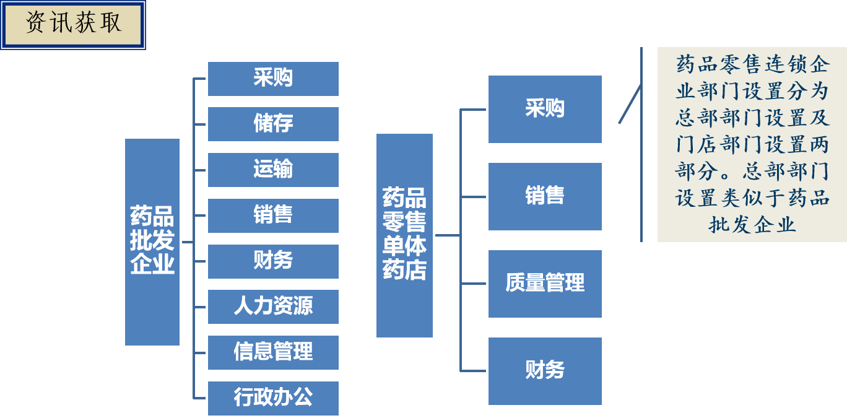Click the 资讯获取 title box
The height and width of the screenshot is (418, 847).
(73, 25)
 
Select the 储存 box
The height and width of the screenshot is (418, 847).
(273, 124)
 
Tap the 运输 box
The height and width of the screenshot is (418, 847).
(273, 170)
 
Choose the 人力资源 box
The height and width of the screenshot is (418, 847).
(273, 307)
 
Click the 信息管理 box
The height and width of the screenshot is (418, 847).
(273, 352)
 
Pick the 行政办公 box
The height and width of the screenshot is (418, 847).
(273, 398)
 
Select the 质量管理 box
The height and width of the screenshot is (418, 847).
(545, 284)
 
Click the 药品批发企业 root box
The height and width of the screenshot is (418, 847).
(152, 242)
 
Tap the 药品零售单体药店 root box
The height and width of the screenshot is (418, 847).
(404, 235)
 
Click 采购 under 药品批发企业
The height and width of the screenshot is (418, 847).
(273, 79)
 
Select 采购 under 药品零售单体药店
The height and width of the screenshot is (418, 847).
(545, 109)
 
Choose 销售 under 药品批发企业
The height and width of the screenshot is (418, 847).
(273, 216)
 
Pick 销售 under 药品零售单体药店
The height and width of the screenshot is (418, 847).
(545, 196)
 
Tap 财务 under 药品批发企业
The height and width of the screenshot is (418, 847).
(273, 261)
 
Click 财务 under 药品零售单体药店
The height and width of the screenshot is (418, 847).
(545, 371)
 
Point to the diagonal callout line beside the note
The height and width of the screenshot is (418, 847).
(630, 104)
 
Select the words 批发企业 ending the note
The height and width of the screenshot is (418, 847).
(752, 225)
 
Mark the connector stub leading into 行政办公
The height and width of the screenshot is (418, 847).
(200, 398)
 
